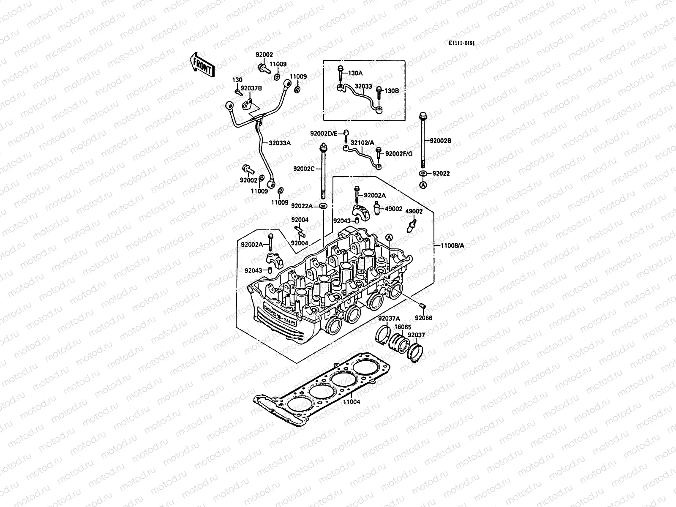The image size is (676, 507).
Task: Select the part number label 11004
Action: point(352,401)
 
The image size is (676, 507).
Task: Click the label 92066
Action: point(424,318)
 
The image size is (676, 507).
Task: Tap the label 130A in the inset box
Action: point(355,73)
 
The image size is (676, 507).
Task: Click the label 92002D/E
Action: point(324,134)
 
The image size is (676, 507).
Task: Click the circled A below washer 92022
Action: point(423,185)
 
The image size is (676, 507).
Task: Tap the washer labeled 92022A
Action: point(324,206)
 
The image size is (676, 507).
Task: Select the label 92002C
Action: point(304,169)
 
